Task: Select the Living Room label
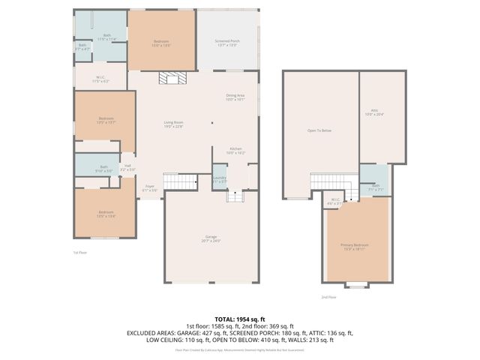(174, 124)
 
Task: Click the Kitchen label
(236, 151)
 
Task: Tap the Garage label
(210, 239)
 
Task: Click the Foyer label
(150, 187)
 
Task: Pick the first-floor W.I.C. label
(100, 79)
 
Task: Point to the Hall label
(128, 167)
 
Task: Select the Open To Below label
(319, 130)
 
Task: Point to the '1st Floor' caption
(79, 252)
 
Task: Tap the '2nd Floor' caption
(328, 297)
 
